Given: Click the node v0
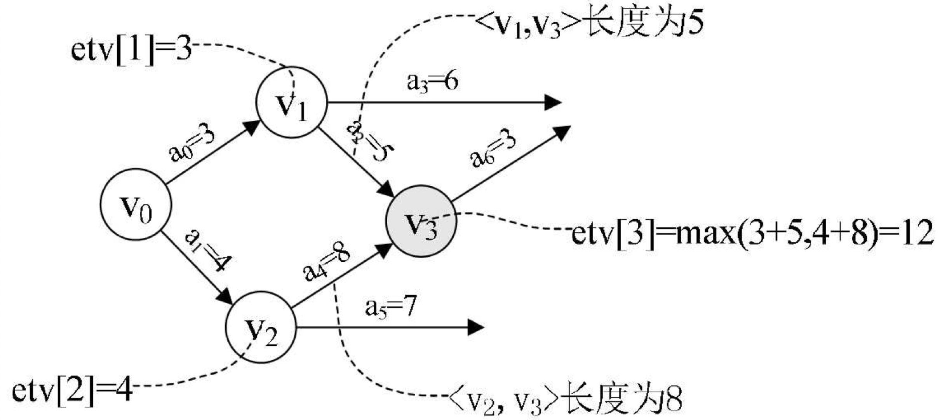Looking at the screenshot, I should [x=135, y=204].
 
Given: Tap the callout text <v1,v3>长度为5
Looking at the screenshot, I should [x=589, y=26].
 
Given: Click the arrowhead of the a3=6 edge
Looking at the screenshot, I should [x=554, y=103].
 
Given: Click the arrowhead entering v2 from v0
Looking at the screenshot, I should [x=225, y=297].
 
